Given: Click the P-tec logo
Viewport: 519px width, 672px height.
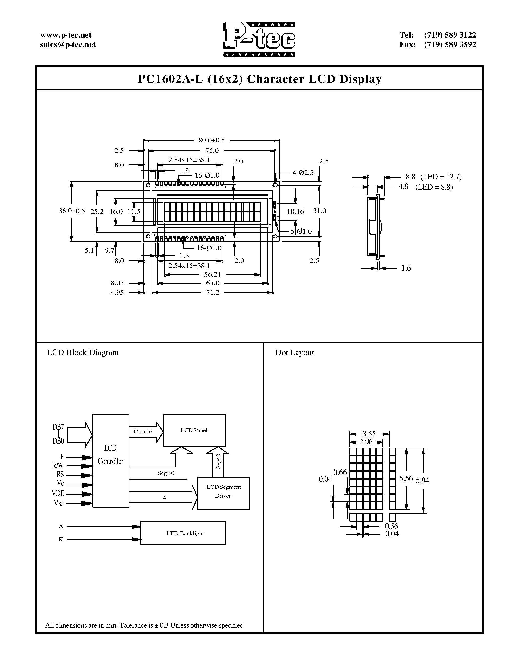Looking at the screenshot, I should [259, 39].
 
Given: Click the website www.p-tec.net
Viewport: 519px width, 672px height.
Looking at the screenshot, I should [66, 35].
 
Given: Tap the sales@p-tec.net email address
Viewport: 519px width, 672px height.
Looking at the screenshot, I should [68, 45].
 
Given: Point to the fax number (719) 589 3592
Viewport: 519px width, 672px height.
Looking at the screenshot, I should [450, 45].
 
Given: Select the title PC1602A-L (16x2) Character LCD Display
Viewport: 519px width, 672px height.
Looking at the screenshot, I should [259, 79].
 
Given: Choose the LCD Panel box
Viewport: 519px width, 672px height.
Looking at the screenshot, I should [194, 430].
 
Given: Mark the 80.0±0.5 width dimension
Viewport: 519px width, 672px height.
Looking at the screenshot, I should [212, 140].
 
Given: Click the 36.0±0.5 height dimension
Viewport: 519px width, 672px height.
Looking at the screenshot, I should [72, 211].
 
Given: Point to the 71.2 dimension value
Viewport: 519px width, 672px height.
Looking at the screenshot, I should [212, 292].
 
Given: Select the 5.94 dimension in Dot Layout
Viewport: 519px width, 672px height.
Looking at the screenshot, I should [423, 480].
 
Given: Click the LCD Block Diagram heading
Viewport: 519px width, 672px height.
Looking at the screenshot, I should [83, 353].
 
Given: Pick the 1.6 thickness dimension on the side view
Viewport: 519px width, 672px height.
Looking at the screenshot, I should [406, 268].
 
